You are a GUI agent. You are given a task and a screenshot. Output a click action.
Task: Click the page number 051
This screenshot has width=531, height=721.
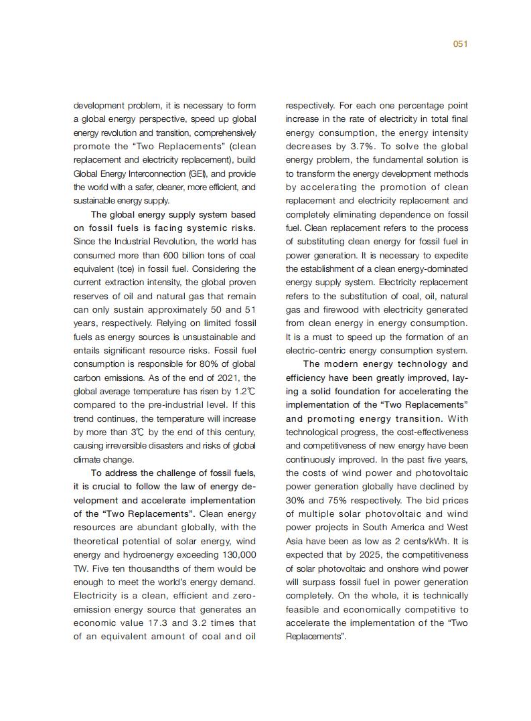[459, 44]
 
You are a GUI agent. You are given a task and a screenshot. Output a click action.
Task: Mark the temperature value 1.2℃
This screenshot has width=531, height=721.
[245, 391]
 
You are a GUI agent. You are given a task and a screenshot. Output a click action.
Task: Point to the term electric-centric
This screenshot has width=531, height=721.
[315, 350]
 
